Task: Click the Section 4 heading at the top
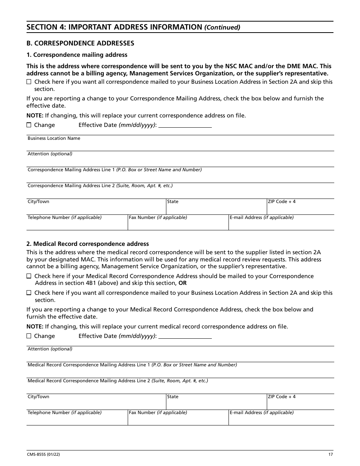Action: coord(133,27)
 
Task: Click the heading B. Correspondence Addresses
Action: coord(80,43)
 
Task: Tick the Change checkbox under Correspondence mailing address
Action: coord(29,125)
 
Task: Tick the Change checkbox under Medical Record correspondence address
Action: coord(29,336)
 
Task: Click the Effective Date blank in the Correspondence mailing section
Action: coord(185,125)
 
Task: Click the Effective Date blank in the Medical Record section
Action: coord(185,336)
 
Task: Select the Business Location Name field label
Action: coord(54,138)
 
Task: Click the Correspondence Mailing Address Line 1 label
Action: coord(114,170)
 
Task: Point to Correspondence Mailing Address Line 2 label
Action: coord(100,186)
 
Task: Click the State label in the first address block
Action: coord(173,202)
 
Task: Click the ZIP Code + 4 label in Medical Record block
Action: coord(282,397)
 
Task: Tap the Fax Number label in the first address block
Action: coord(158,217)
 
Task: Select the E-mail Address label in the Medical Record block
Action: coord(261,413)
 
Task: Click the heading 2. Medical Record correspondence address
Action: coord(88,244)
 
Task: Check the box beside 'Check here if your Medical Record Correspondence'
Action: coord(29,276)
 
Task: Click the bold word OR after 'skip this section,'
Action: coord(183,283)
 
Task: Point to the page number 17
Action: coord(331,455)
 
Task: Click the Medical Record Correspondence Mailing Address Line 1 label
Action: coord(132,365)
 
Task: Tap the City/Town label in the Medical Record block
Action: coord(38,397)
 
